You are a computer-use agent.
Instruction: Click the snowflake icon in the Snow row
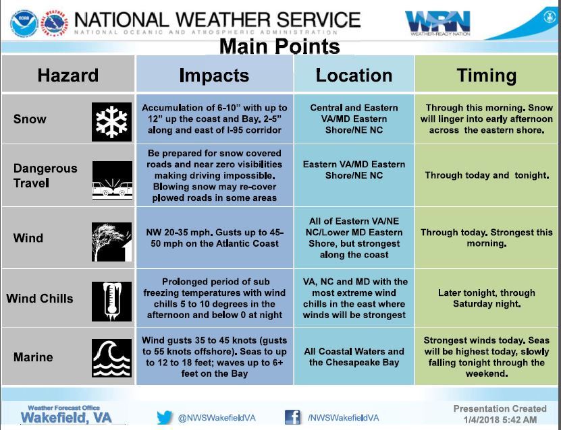[x=111, y=122]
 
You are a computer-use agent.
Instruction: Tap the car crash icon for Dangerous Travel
[x=112, y=181]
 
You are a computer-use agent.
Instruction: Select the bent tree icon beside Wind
[x=111, y=242]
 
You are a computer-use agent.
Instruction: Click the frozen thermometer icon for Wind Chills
[x=111, y=301]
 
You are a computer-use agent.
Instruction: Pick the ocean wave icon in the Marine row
[x=111, y=358]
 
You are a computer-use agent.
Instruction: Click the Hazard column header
[x=68, y=75]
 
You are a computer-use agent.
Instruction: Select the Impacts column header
[x=214, y=75]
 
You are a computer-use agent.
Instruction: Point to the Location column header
[x=354, y=75]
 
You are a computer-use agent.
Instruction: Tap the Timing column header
[x=487, y=75]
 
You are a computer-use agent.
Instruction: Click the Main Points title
[x=279, y=47]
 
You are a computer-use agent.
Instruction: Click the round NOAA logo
[x=24, y=23]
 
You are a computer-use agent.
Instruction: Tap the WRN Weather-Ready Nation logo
[x=438, y=23]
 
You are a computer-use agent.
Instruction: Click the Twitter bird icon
[x=165, y=417]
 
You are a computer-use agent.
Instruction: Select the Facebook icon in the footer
[x=292, y=417]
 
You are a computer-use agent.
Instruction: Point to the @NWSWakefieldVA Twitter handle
[x=217, y=418]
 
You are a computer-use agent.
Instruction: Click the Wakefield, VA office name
[x=66, y=417]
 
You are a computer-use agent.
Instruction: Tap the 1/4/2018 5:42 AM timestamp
[x=500, y=420]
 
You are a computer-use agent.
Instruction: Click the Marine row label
[x=33, y=357]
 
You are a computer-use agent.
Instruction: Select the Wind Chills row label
[x=40, y=299]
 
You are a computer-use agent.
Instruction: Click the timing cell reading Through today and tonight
[x=487, y=175]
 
